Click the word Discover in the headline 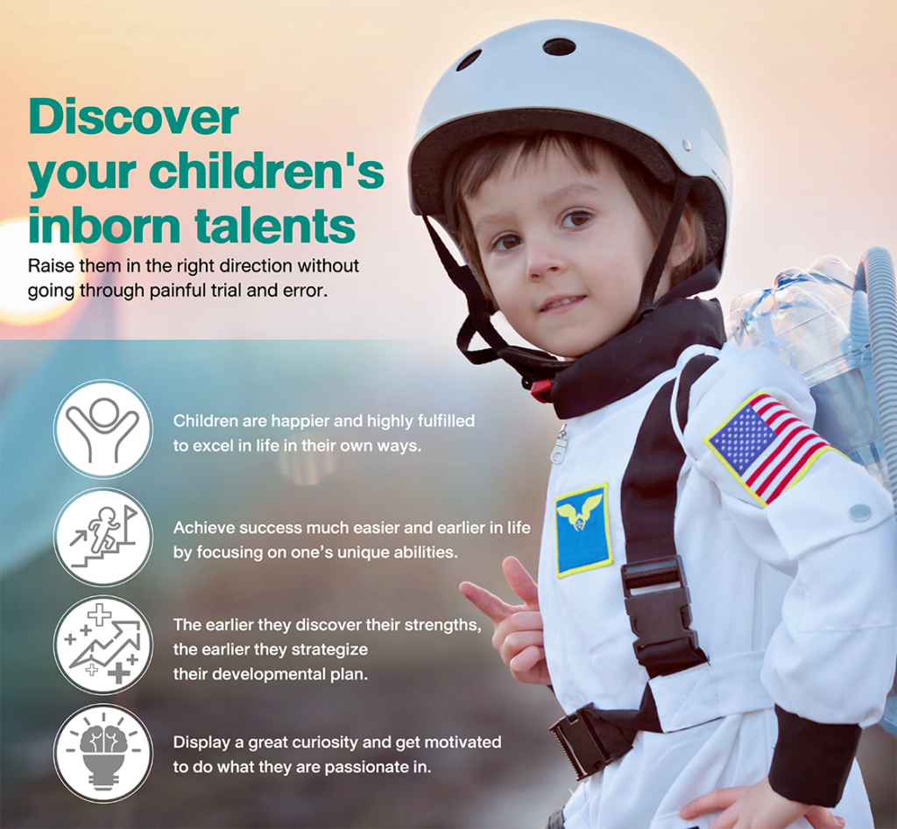coord(133,117)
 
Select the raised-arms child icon coord(103,429)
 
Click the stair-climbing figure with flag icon coord(103,537)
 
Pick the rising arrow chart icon coord(103,645)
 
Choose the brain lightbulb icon coord(103,753)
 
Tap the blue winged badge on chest coord(583,530)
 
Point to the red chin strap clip coord(540,390)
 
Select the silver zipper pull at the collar coord(560,446)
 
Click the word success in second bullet coord(271,528)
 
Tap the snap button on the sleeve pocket coord(859,513)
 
